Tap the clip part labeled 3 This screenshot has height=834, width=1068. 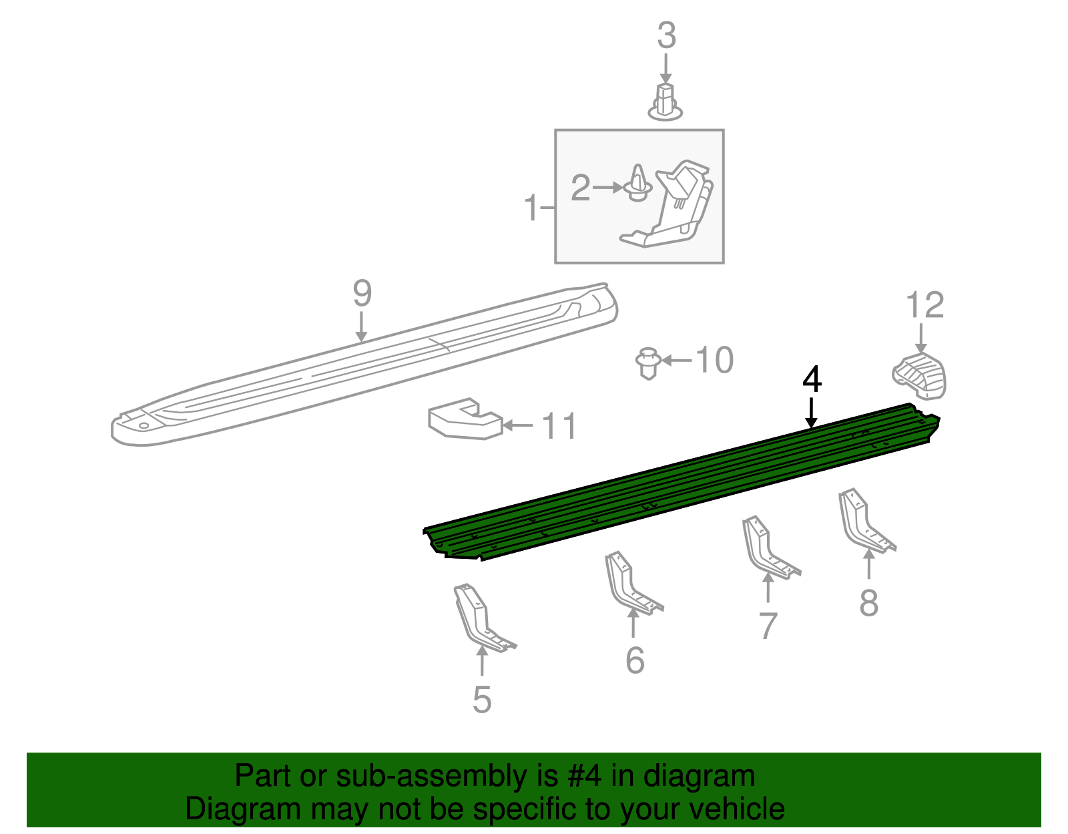click(665, 103)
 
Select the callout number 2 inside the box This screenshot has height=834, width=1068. click(580, 188)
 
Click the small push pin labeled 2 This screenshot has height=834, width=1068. click(639, 185)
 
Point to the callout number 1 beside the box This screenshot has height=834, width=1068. click(531, 208)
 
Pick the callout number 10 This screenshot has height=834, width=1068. click(714, 361)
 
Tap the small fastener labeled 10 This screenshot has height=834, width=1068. click(647, 363)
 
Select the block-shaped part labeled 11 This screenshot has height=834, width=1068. click(465, 420)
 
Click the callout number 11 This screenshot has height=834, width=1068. click(559, 426)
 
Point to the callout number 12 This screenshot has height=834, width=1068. click(924, 305)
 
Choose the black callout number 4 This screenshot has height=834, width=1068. click(812, 380)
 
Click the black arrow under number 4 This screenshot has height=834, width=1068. click(811, 413)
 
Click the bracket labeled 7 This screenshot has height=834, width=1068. click(767, 548)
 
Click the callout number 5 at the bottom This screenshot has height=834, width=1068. click(481, 700)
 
